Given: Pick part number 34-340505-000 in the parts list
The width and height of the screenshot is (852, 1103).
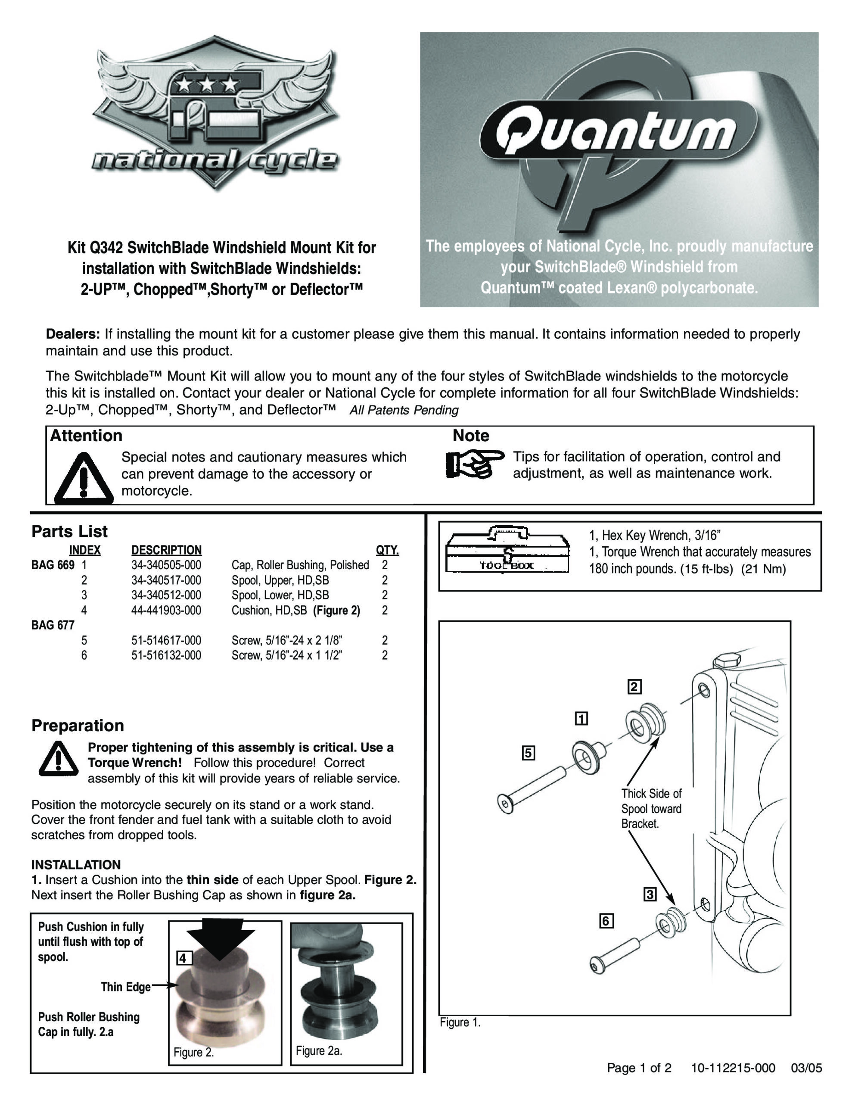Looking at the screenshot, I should (x=166, y=565).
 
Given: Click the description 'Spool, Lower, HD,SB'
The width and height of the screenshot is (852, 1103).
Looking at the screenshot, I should (x=280, y=595).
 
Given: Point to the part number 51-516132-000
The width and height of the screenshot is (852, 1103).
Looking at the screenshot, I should (x=166, y=655).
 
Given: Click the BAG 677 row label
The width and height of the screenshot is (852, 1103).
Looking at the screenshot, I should (x=53, y=625).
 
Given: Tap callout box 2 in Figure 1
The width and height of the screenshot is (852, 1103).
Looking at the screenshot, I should (x=634, y=687).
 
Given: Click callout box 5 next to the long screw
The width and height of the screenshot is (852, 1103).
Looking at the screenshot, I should (x=528, y=753).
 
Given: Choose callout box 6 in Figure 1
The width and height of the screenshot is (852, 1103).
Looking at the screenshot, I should (x=606, y=921).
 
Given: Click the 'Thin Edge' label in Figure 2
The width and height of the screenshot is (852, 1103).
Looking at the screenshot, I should (x=125, y=987).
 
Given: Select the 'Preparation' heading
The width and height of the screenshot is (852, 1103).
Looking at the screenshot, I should (x=78, y=725).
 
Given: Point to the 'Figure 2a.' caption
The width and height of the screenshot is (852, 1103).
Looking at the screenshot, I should (x=319, y=1050).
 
